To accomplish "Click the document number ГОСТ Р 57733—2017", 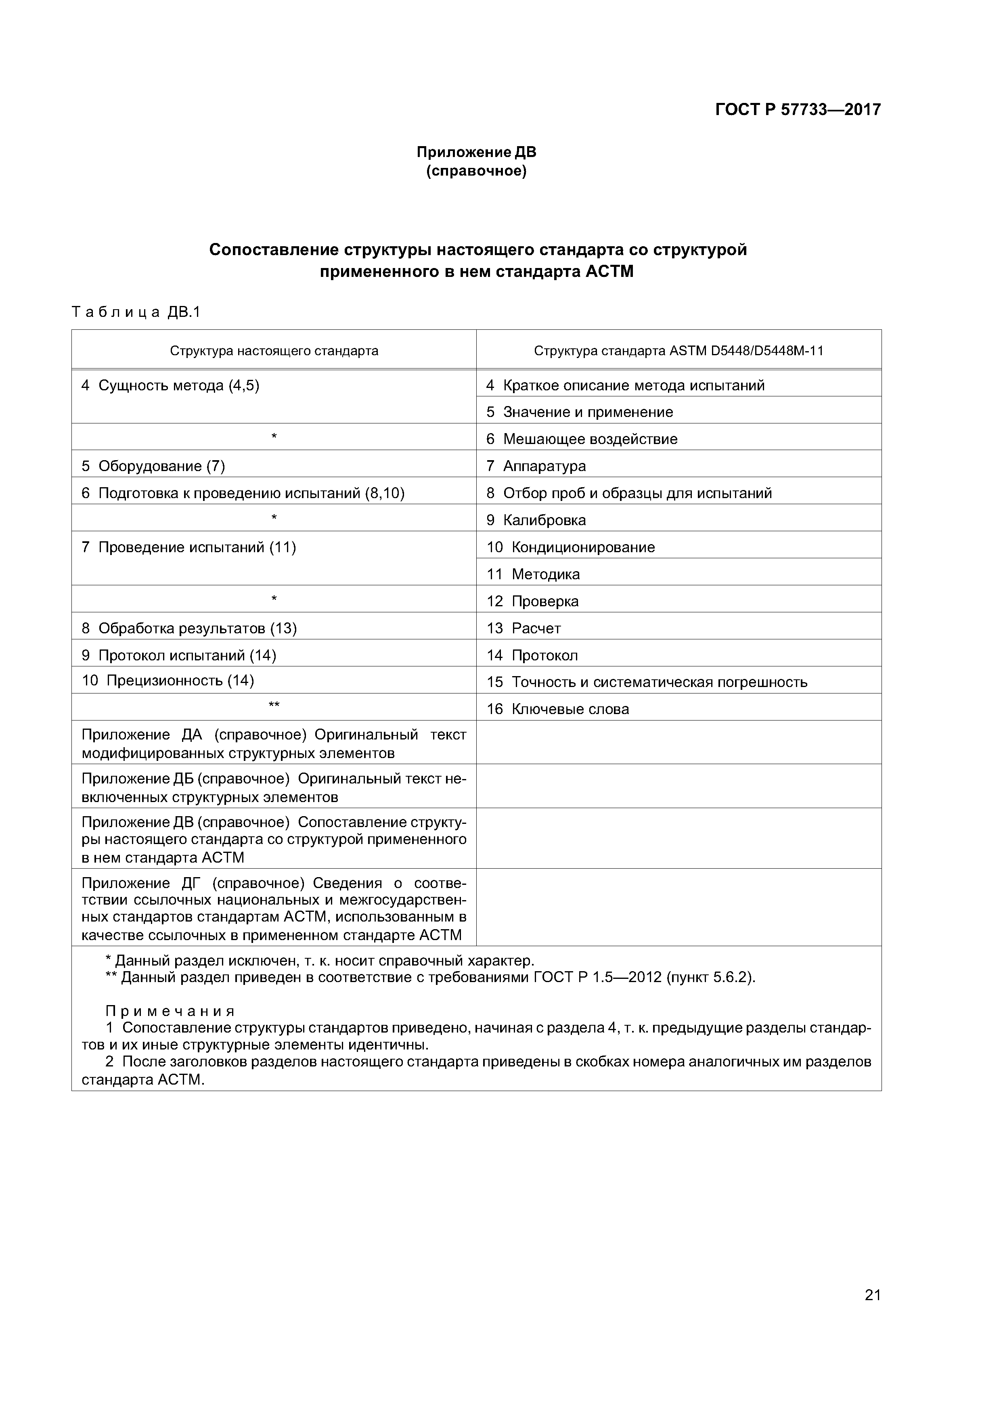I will point(798,110).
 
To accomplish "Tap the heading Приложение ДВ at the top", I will point(476,152).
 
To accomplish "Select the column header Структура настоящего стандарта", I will point(274,351).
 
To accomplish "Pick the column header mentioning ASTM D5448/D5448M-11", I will point(679,351).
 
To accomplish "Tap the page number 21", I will point(872,1295).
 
